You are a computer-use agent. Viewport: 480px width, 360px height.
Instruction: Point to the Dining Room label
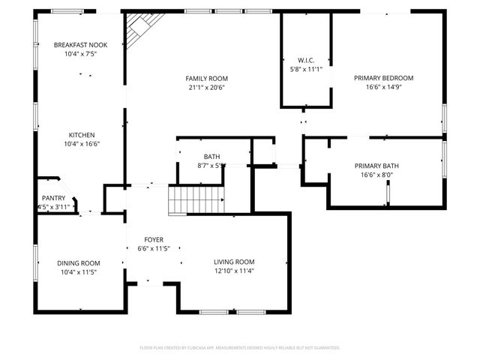79,263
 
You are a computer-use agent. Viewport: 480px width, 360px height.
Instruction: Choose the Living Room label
235,262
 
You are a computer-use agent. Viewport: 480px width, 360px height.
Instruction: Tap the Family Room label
207,78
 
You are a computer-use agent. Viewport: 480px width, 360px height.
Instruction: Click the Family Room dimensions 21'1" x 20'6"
207,87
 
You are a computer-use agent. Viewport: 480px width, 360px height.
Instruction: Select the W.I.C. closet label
305,60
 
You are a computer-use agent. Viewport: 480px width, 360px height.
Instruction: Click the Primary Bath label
376,166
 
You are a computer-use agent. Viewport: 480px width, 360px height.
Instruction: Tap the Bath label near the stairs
211,156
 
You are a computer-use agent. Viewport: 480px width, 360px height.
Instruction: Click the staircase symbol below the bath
196,201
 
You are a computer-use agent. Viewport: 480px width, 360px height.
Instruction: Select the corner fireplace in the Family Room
137,31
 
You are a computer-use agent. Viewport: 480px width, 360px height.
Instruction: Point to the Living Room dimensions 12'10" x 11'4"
235,271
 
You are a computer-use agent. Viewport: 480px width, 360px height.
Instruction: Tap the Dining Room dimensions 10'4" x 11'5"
79,272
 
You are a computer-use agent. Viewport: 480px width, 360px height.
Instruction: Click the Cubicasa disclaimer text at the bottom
240,348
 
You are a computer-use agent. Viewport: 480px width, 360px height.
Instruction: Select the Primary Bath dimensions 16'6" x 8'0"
376,175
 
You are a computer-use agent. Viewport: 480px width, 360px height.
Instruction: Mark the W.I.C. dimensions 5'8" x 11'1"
305,69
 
